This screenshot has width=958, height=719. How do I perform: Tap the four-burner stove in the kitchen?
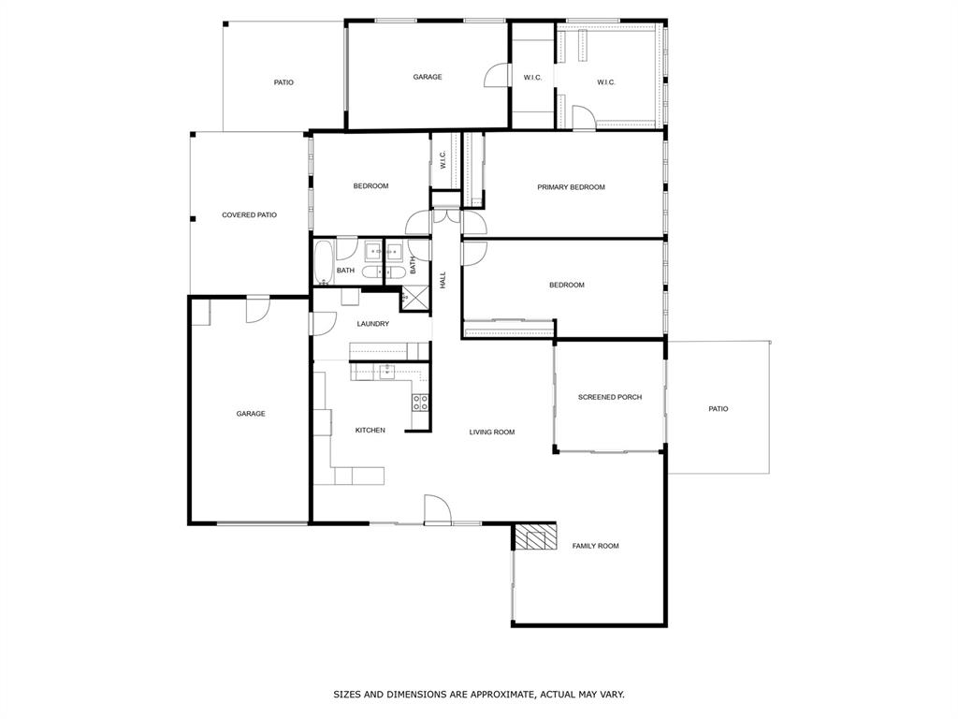[x=421, y=403]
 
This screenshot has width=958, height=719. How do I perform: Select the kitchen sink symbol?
[x=386, y=372]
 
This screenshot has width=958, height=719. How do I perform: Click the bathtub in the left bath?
[x=324, y=262]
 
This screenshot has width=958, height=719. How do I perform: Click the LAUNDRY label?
[x=372, y=324]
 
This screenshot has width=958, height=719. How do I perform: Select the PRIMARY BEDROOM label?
[x=571, y=187]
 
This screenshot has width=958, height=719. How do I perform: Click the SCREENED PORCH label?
[x=610, y=397]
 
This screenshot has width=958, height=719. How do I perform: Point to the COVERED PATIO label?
[x=249, y=215]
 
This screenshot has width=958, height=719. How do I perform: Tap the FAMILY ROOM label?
[x=595, y=546]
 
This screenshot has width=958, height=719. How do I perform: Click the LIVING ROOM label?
[x=492, y=433]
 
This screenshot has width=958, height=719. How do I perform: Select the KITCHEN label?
[x=370, y=431]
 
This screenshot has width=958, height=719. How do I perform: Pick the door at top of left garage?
[x=257, y=308]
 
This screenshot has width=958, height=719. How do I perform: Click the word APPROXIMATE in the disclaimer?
[x=497, y=695]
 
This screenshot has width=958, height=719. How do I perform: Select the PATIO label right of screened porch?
[x=718, y=409]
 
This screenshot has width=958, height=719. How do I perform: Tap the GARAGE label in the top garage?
[x=428, y=77]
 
